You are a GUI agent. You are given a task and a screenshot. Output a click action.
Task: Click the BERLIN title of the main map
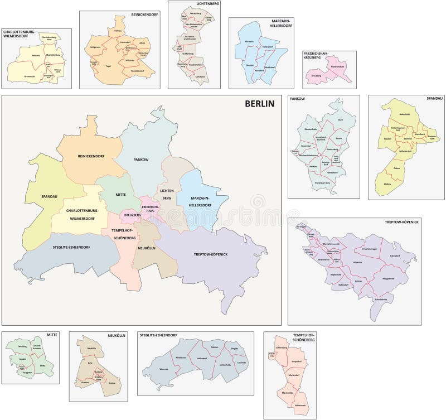click(x=259, y=103)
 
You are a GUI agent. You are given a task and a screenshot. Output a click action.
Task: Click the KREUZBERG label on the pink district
click(x=131, y=215)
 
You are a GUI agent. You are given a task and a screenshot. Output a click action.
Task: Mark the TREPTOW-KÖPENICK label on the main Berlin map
click(x=210, y=254)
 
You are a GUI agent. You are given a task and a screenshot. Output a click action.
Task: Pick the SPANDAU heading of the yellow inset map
click(x=433, y=98)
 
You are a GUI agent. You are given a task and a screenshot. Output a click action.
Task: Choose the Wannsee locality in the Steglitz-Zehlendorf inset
click(x=165, y=369)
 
